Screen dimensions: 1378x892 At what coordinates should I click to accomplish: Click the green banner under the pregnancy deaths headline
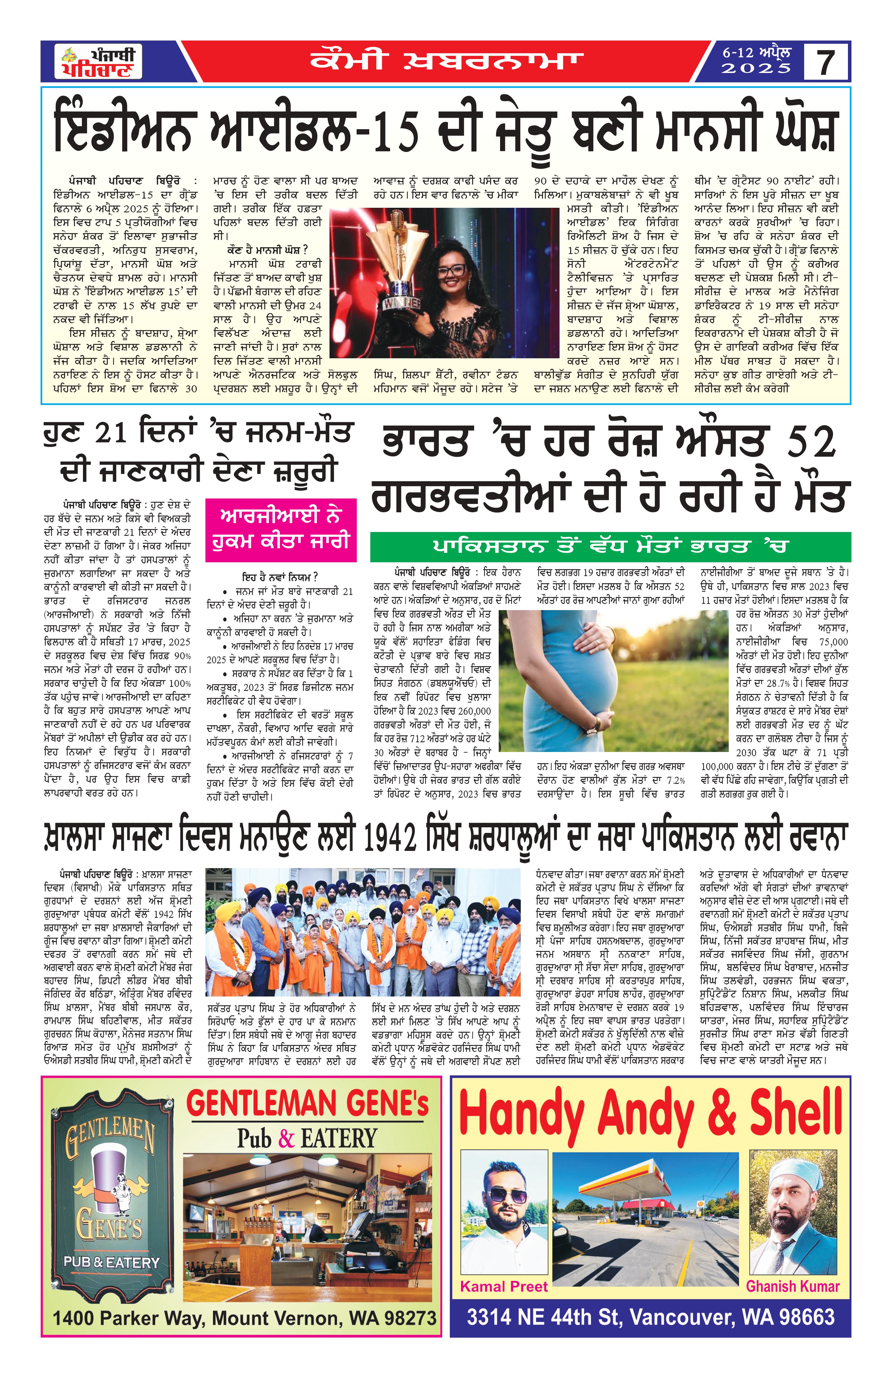coord(611,547)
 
